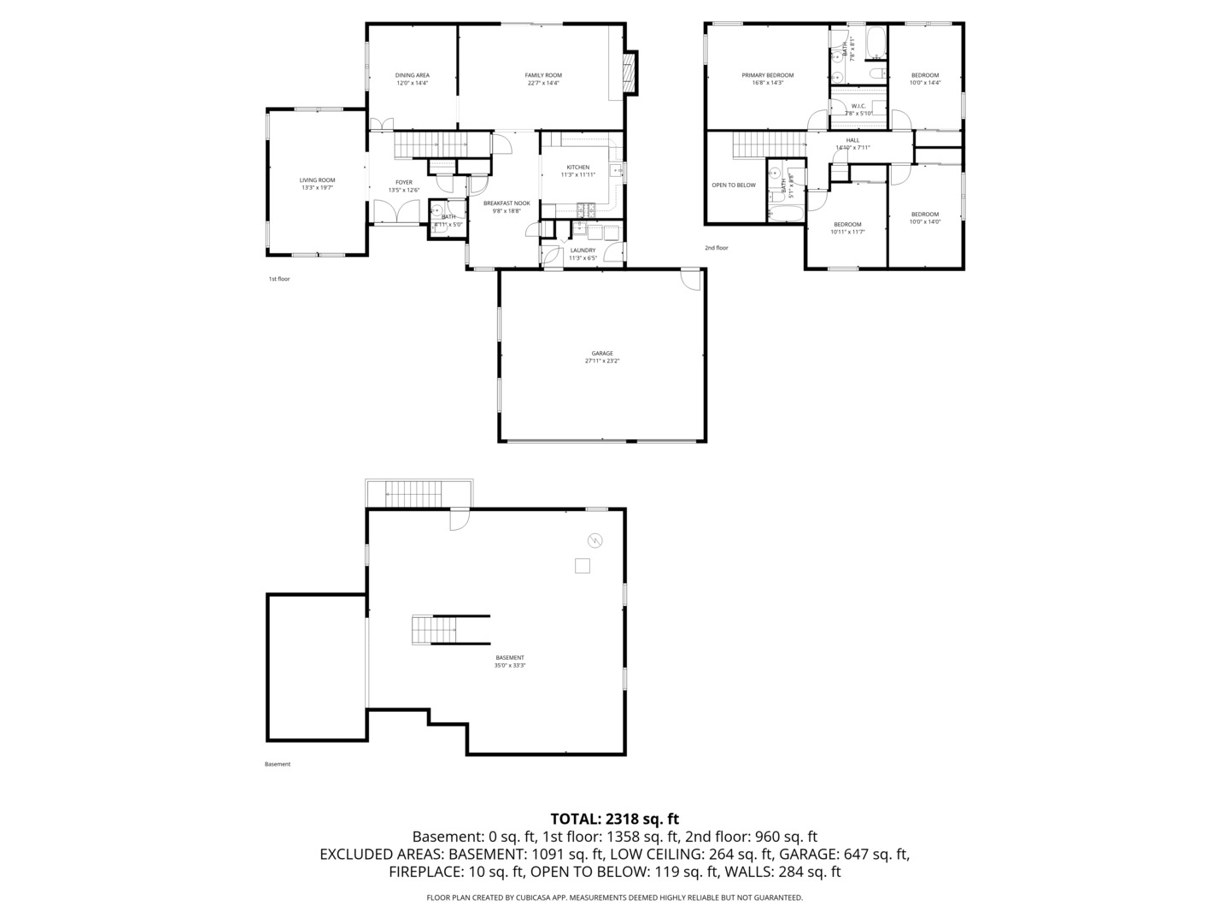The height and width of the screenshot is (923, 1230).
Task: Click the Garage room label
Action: pyautogui.click(x=602, y=353)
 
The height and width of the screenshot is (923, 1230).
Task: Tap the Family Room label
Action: pyautogui.click(x=543, y=75)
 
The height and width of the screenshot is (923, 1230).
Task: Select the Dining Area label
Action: pyautogui.click(x=412, y=75)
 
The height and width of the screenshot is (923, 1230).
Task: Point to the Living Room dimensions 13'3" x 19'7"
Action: pyautogui.click(x=317, y=187)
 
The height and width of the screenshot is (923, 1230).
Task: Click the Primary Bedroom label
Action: pyautogui.click(x=767, y=75)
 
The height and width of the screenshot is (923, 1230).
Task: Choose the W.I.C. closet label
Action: pyautogui.click(x=858, y=106)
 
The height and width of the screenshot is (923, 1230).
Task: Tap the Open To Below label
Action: pyautogui.click(x=734, y=185)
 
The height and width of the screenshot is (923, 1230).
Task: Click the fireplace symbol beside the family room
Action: pyautogui.click(x=630, y=73)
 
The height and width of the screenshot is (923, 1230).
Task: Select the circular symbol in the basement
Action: pyautogui.click(x=594, y=539)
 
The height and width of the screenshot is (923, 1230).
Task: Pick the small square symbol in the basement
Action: pyautogui.click(x=583, y=565)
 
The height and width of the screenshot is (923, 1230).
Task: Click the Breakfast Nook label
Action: pyautogui.click(x=507, y=203)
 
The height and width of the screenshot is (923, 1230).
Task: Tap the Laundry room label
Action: pyautogui.click(x=583, y=250)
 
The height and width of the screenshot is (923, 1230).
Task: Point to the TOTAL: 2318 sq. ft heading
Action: pyautogui.click(x=614, y=819)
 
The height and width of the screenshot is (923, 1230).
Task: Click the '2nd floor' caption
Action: pyautogui.click(x=716, y=248)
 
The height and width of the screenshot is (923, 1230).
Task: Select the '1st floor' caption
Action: pyautogui.click(x=279, y=279)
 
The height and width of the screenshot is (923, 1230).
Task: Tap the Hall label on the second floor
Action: pyautogui.click(x=852, y=140)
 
